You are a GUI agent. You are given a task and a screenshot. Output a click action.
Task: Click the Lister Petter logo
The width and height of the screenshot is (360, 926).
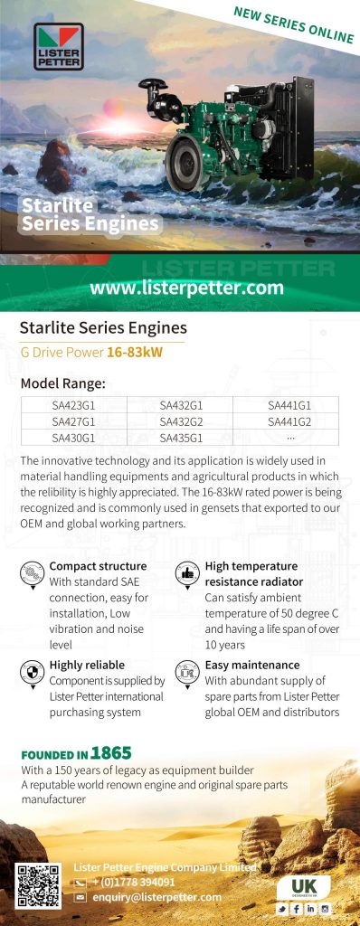(x=59, y=46)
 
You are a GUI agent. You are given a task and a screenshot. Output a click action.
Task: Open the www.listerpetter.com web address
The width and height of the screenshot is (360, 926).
(x=186, y=288)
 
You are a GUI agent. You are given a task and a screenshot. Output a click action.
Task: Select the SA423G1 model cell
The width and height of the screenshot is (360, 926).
(x=74, y=405)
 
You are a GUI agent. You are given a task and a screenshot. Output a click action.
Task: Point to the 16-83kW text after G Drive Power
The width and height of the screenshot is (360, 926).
(x=135, y=354)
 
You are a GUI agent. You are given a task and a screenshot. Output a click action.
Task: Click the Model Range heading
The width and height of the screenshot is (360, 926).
(x=62, y=383)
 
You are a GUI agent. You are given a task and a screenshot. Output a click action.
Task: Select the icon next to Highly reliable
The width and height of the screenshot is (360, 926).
(x=32, y=673)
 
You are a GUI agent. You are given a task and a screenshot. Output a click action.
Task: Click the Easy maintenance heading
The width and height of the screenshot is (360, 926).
(x=252, y=665)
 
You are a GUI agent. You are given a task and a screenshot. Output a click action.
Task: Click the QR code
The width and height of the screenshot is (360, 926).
(x=38, y=885)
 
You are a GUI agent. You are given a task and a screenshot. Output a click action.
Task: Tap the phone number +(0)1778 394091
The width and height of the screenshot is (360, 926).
(x=134, y=883)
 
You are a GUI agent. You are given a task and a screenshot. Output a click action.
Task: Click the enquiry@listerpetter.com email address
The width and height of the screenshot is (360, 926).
(x=156, y=897)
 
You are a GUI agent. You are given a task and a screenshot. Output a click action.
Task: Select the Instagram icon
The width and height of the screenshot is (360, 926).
(x=325, y=908)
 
